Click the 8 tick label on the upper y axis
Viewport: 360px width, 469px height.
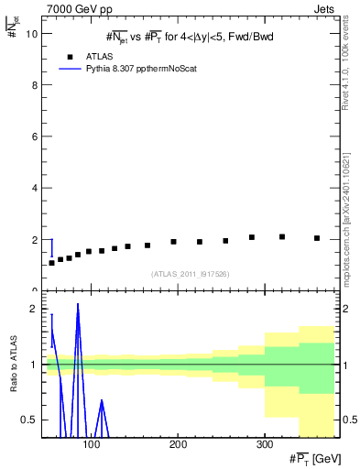pos(33,85)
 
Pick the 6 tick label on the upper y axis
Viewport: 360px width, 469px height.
pos(33,136)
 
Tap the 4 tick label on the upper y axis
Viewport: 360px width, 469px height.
pos(33,189)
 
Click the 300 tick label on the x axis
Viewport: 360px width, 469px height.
pos(264,444)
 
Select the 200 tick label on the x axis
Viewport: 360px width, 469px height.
pos(178,444)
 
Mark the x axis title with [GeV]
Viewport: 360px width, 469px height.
pos(310,458)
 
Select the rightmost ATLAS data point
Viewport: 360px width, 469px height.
pos(317,238)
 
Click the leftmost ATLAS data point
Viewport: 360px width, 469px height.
pos(52,263)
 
